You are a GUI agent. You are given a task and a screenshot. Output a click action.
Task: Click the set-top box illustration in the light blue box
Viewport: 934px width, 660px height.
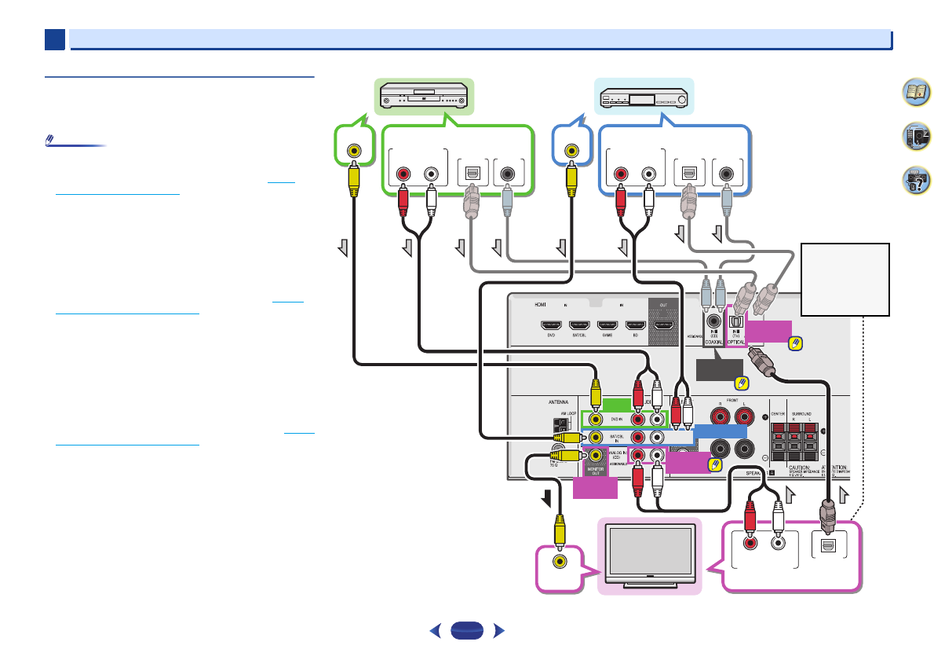point(644,99)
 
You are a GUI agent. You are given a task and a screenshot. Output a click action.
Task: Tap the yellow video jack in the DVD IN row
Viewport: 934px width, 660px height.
point(597,420)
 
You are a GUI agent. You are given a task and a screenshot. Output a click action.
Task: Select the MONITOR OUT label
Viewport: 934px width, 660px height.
point(597,471)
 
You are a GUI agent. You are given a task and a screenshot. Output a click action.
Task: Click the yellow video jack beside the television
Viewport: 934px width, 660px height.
point(559,562)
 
